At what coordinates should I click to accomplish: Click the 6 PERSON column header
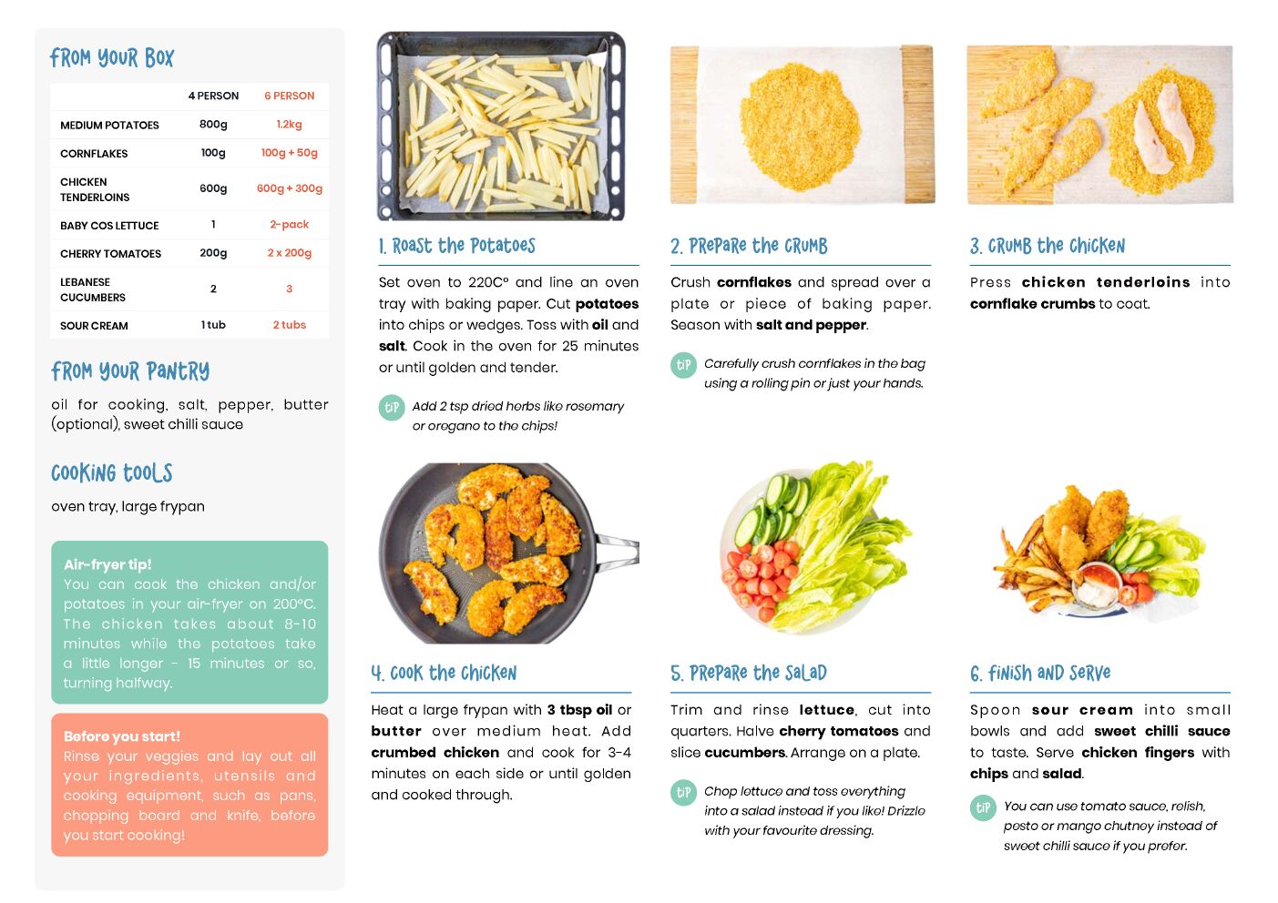click(289, 96)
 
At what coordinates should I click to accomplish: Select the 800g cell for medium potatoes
click(213, 125)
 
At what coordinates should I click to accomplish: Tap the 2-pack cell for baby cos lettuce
click(289, 224)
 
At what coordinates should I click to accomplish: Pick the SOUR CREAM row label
click(94, 326)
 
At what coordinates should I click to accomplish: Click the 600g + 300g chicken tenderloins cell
click(290, 188)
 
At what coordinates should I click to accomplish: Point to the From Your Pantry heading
click(130, 371)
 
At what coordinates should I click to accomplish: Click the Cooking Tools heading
click(112, 472)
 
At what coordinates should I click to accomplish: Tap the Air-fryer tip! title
click(107, 564)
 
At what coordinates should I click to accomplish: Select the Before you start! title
click(121, 736)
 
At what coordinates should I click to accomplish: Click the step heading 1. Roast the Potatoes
click(457, 246)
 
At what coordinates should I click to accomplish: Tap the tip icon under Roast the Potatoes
click(392, 408)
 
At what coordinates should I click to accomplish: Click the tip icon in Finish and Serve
click(983, 807)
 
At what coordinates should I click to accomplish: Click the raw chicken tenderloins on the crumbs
click(1162, 129)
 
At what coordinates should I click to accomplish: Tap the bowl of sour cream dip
click(1096, 590)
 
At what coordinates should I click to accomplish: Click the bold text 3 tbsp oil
click(579, 710)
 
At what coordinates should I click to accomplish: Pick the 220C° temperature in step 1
click(488, 282)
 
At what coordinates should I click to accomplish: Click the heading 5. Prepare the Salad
click(749, 674)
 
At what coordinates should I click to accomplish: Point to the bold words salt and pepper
click(811, 325)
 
